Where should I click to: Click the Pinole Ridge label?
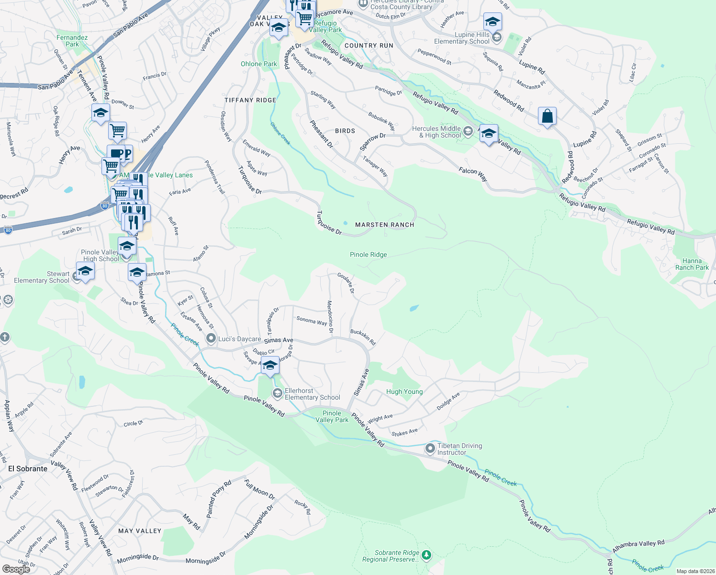[368, 255]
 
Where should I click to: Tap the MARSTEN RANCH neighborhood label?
[384, 225]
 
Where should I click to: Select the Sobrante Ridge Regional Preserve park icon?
[426, 555]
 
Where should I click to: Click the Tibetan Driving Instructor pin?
[430, 448]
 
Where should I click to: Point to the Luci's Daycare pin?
[211, 339]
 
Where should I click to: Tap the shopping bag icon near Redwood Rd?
[547, 116]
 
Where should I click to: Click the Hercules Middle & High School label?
[436, 132]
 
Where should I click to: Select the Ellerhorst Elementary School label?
[312, 394]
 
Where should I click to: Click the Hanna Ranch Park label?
[692, 264]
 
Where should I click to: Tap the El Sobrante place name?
[28, 469]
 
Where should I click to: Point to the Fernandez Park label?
[72, 41]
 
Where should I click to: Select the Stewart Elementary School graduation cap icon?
[85, 271]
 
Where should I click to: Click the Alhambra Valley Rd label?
[638, 546]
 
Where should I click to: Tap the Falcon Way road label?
[473, 173]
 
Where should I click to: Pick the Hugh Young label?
[404, 391]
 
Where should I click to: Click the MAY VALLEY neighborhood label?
[140, 531]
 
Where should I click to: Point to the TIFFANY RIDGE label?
[250, 100]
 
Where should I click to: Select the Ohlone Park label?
[259, 64]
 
